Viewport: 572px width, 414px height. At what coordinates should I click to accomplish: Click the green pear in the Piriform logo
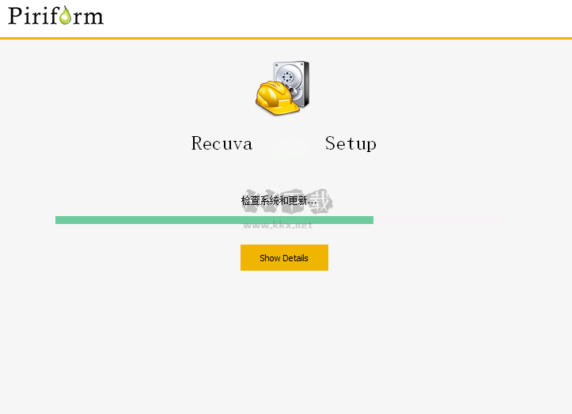[x=65, y=15]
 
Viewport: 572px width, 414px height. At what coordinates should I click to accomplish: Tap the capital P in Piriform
[x=15, y=15]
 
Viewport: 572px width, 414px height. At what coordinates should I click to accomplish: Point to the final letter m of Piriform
[x=93, y=16]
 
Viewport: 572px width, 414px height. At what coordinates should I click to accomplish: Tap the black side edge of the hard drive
[x=305, y=83]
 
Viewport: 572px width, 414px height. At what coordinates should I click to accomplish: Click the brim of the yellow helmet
[x=267, y=106]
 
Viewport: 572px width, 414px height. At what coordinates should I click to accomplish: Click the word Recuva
[x=222, y=143]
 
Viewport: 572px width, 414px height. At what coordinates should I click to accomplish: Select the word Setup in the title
[x=350, y=143]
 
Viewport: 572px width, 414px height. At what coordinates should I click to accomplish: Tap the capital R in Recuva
[x=198, y=143]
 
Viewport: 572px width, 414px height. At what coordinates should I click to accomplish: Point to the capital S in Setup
[x=331, y=143]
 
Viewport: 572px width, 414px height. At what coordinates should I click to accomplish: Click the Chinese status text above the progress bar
[x=278, y=201]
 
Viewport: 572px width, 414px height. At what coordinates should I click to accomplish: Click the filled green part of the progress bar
[x=214, y=220]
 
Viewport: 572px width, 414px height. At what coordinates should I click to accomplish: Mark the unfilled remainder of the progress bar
[x=439, y=220]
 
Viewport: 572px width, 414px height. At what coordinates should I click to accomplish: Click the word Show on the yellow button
[x=270, y=258]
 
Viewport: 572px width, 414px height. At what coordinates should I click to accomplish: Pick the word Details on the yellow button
[x=295, y=258]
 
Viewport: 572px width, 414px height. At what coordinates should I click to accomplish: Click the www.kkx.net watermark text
[x=278, y=226]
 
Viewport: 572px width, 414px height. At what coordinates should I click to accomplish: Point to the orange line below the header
[x=286, y=38]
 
